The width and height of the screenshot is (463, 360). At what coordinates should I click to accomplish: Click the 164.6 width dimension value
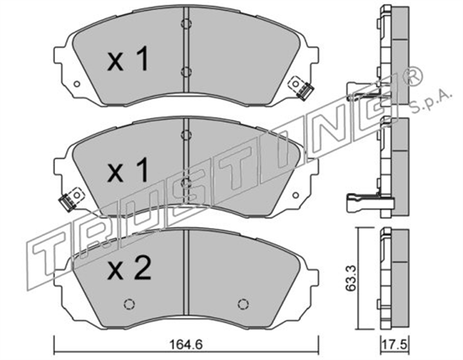pos(186,345)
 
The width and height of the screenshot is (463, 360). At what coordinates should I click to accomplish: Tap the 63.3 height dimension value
pos(351,279)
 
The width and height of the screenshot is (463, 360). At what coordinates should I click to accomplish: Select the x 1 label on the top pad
pos(128,61)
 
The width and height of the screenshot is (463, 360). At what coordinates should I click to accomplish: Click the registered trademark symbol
pos(412,75)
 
